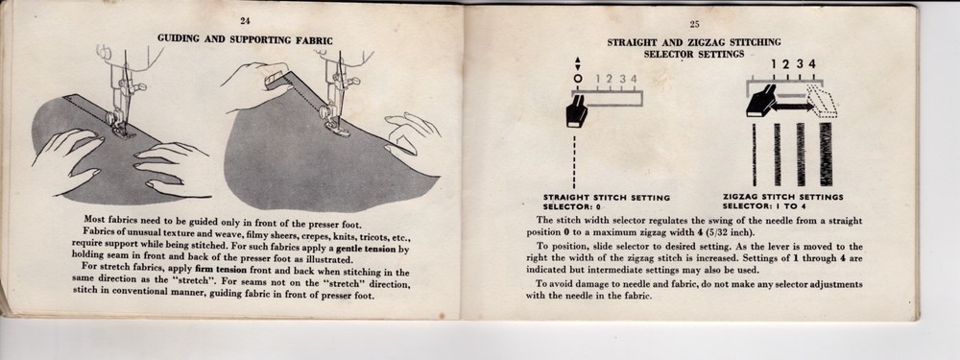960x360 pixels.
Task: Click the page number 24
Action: [245, 20]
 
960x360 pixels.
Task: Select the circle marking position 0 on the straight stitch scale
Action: [578, 80]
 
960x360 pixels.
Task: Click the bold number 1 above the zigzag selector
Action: [774, 64]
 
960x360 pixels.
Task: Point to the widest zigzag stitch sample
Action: [825, 154]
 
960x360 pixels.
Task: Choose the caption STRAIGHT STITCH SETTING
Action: [607, 198]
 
